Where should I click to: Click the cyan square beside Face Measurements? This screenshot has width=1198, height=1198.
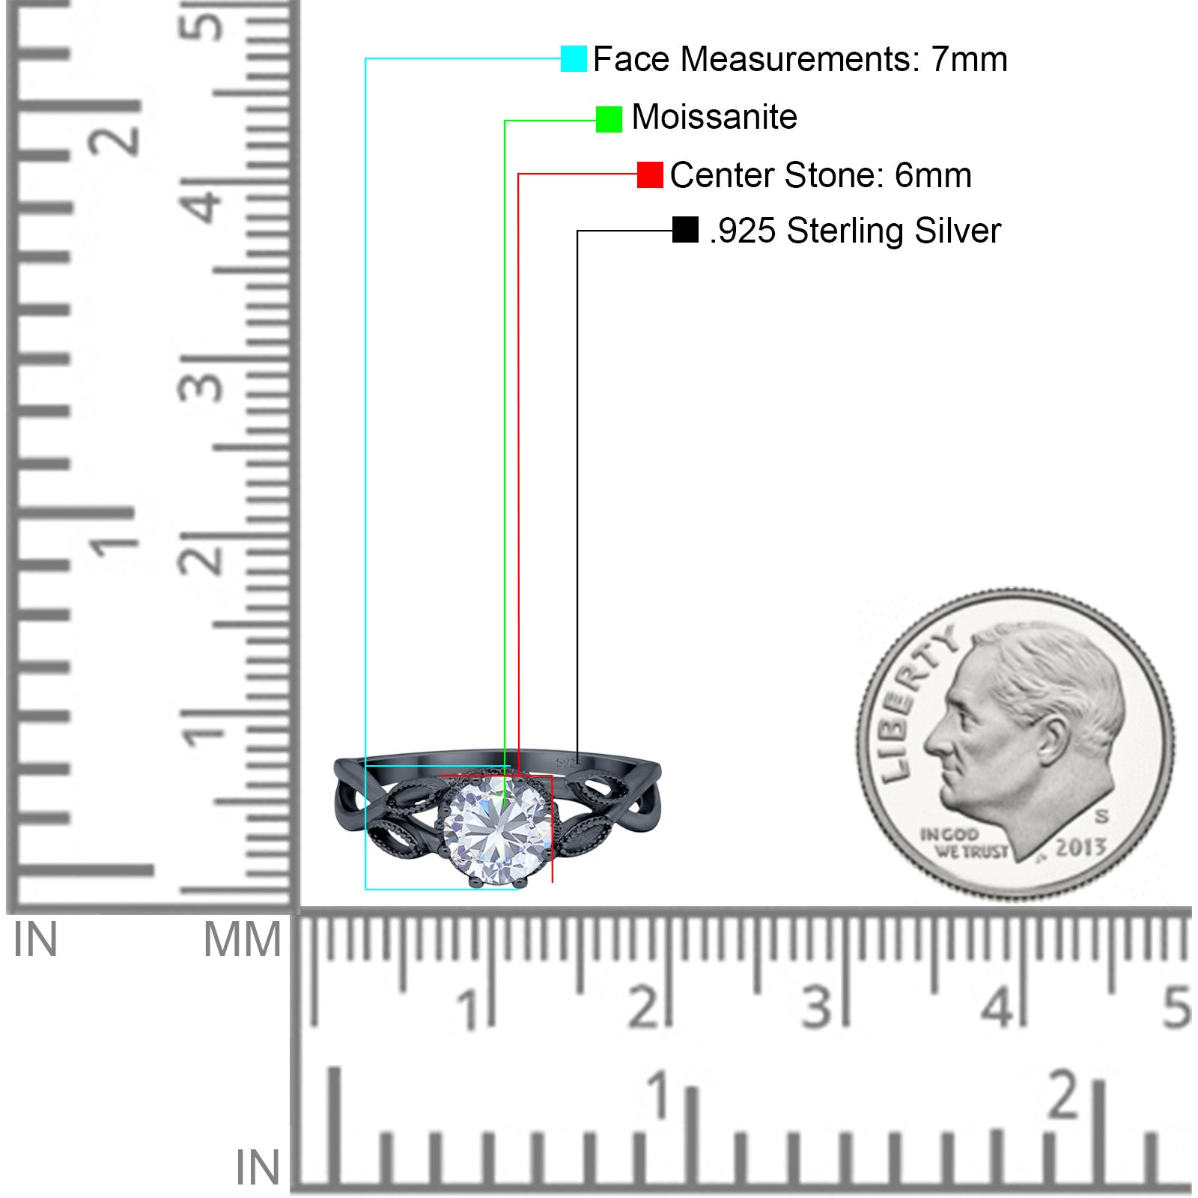[574, 59]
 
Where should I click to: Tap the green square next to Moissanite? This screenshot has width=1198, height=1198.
[609, 119]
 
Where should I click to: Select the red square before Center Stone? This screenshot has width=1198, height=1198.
[650, 175]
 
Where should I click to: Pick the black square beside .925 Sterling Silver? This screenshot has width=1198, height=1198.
[685, 230]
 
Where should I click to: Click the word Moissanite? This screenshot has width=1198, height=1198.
[714, 117]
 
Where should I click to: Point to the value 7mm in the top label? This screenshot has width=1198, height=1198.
[969, 59]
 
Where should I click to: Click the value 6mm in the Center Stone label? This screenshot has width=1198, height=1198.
[933, 175]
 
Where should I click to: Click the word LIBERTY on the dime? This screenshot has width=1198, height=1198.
[916, 702]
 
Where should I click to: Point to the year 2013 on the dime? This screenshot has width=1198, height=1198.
[1080, 848]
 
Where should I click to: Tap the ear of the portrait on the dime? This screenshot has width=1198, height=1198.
[1052, 740]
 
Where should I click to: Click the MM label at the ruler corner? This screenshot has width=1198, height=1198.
[243, 940]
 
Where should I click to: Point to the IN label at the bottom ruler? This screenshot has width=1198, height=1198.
[258, 1168]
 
